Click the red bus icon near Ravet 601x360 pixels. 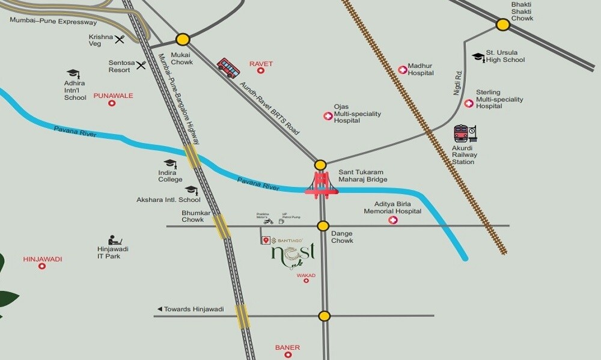228,68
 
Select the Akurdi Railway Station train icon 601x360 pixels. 465,134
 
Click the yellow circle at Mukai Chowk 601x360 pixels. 183,40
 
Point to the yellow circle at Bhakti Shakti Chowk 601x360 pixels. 503,25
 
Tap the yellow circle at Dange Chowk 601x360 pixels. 323,226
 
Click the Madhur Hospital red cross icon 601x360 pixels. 402,70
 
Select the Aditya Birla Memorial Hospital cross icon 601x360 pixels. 394,221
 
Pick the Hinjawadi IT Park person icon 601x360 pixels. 112,240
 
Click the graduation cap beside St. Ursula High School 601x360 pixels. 478,56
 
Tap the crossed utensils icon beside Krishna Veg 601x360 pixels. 120,39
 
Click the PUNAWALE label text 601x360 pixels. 113,96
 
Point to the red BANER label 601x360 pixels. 287,347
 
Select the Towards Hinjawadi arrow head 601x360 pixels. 159,309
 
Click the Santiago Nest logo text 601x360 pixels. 293,254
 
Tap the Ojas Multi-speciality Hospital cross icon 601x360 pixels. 328,115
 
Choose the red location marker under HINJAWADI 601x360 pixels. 42,266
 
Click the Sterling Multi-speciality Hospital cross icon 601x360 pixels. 469,103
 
